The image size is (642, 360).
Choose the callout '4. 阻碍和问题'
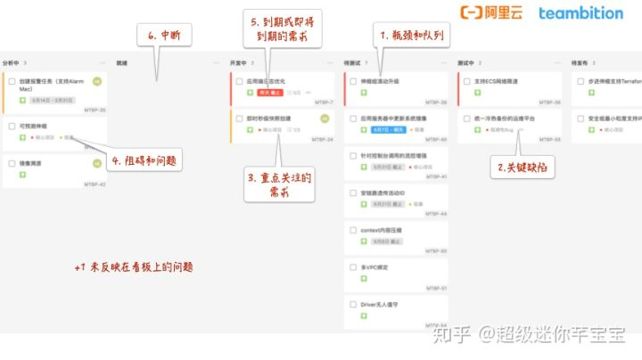coord(142,161)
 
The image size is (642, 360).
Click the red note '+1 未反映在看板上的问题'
coord(134,266)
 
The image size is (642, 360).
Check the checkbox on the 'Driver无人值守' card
coord(353,304)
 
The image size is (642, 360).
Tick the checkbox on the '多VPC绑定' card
coord(353,266)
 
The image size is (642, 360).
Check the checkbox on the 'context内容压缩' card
coord(353,229)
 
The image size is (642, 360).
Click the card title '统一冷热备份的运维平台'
coord(498,118)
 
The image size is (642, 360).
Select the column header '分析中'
coord(12,63)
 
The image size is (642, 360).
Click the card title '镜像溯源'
coord(30,163)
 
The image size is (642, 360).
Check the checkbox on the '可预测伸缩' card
coord(12,127)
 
